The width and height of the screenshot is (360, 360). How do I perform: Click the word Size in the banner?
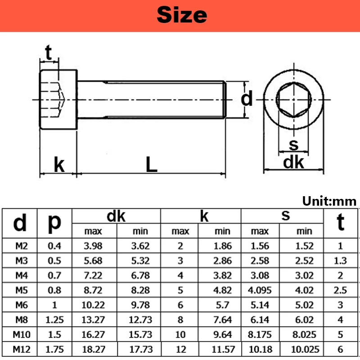pyautogui.click(x=182, y=15)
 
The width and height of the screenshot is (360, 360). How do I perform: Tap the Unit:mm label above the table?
pyautogui.click(x=329, y=201)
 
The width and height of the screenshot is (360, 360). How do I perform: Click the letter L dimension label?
pyautogui.click(x=152, y=164)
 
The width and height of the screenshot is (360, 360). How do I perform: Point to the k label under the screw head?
pyautogui.click(x=59, y=164)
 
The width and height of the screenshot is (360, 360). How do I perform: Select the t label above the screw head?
pyautogui.click(x=49, y=52)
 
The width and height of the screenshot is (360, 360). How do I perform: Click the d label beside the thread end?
pyautogui.click(x=247, y=98)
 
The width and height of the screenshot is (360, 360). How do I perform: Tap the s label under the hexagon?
pyautogui.click(x=293, y=145)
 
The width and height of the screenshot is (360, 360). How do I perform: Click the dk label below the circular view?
pyautogui.click(x=293, y=162)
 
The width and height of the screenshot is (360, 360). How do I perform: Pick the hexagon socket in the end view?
pyautogui.click(x=294, y=100)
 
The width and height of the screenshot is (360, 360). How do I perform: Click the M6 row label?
pyautogui.click(x=21, y=305)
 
